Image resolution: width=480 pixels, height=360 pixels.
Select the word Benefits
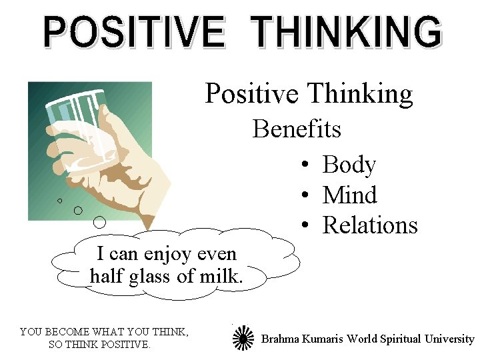click(297, 129)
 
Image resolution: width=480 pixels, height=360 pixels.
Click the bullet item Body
click(349, 165)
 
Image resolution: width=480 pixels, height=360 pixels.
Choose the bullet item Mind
click(349, 195)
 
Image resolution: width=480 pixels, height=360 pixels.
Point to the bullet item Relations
click(370, 225)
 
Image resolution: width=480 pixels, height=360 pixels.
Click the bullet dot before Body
click(303, 165)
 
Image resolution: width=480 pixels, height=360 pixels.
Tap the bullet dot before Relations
click(303, 227)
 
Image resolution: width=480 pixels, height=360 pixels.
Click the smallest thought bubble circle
click(59, 200)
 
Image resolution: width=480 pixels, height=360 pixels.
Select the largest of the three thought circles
click(100, 221)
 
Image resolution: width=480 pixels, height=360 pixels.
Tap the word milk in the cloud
click(220, 275)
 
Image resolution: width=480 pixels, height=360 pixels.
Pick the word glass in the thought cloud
click(147, 275)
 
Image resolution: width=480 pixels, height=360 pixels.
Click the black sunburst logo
click(243, 338)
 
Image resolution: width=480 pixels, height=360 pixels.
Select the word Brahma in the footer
click(281, 339)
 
